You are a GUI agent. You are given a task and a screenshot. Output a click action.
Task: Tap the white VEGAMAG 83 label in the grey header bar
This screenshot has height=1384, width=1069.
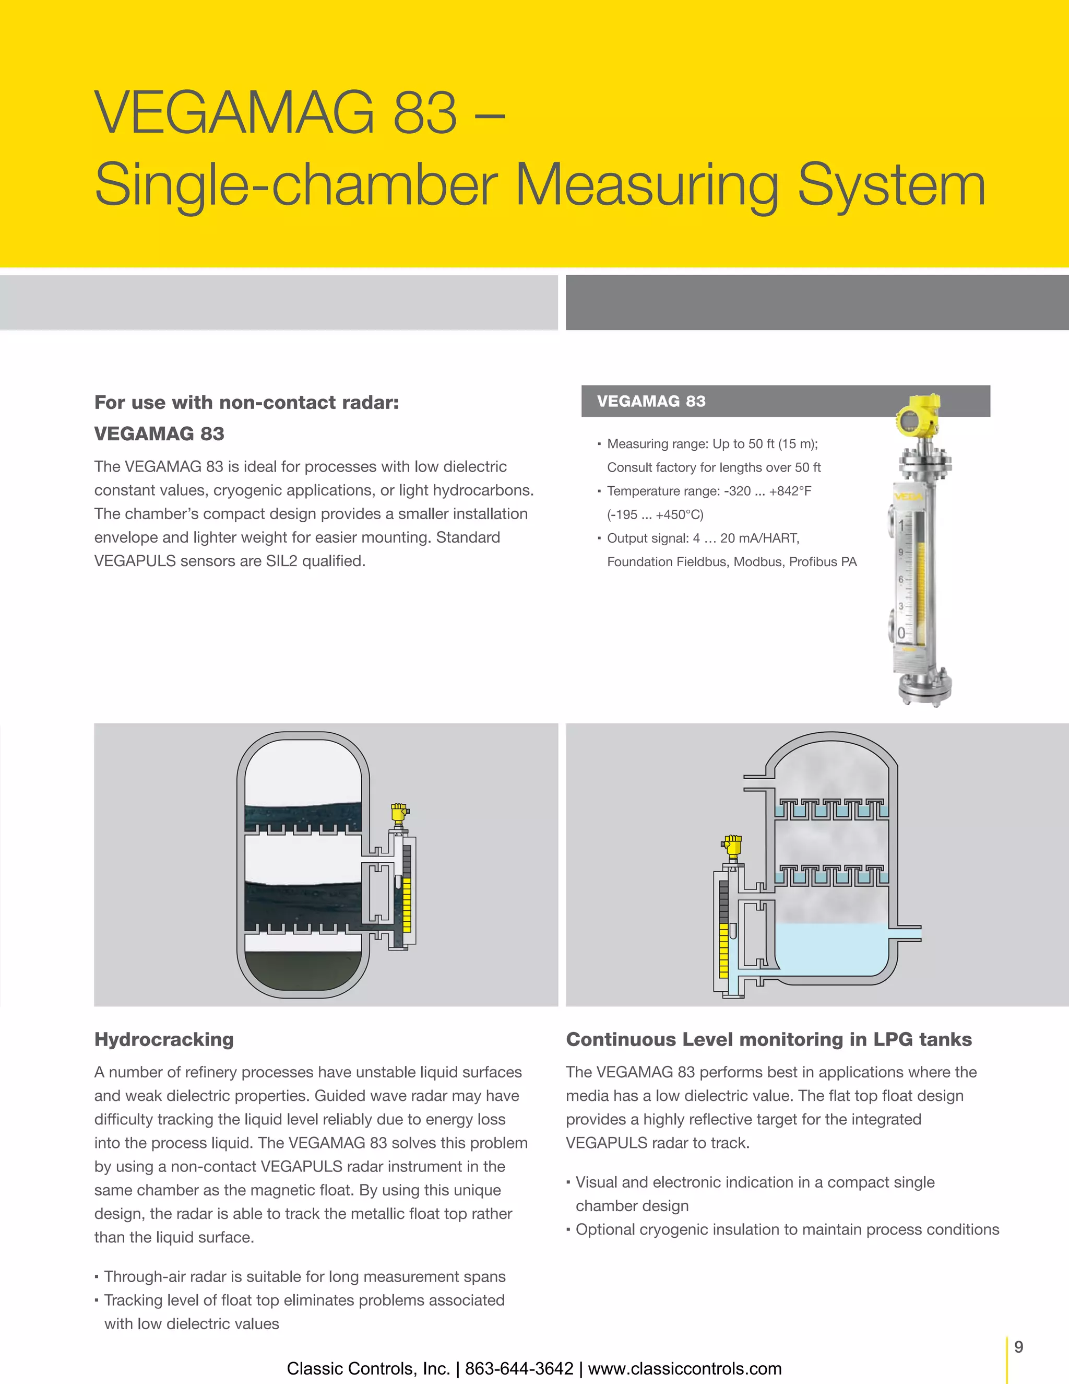click(x=650, y=401)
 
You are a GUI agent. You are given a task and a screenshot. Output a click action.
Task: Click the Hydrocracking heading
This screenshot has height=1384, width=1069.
click(x=164, y=1039)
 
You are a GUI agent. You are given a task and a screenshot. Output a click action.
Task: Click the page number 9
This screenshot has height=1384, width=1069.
click(x=1018, y=1346)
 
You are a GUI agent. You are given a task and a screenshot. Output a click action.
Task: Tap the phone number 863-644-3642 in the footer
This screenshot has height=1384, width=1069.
click(x=519, y=1368)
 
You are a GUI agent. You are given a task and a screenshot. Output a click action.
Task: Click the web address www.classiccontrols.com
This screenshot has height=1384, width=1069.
click(x=685, y=1368)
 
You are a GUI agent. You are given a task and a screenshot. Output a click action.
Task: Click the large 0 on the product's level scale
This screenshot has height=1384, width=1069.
click(x=901, y=633)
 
